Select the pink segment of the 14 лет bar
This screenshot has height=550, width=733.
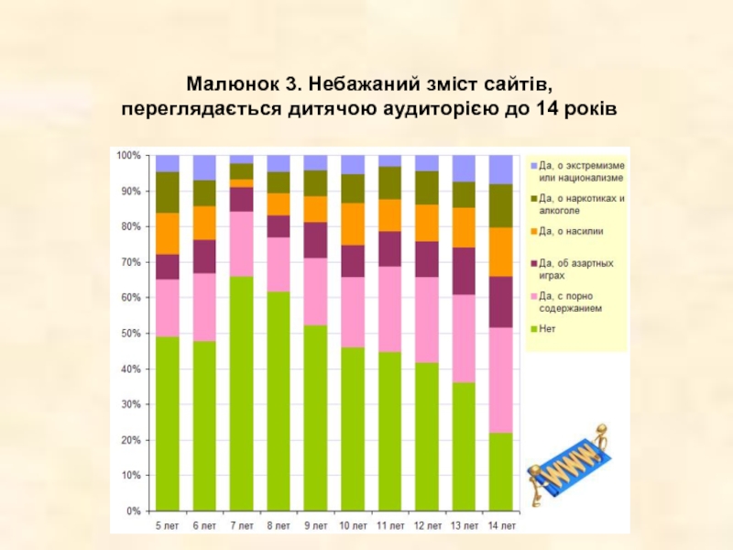pos(500,379)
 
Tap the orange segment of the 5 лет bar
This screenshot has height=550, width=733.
pos(168,233)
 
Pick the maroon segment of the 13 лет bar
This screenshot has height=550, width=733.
pos(464,270)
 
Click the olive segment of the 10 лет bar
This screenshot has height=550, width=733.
pos(353,188)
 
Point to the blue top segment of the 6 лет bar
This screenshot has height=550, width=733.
pos(204,167)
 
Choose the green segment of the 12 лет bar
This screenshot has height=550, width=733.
pos(426,436)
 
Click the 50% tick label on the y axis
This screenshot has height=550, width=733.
pos(127,334)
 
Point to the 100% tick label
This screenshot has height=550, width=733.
pos(127,156)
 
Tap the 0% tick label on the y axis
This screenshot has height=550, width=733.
pos(132,511)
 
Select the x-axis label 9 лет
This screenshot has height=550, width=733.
pos(315,525)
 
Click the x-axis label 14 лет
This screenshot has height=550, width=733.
pos(500,525)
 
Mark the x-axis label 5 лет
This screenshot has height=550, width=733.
pos(168,525)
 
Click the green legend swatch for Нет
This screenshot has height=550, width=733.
pos(533,327)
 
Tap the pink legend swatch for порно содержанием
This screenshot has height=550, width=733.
pos(533,297)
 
